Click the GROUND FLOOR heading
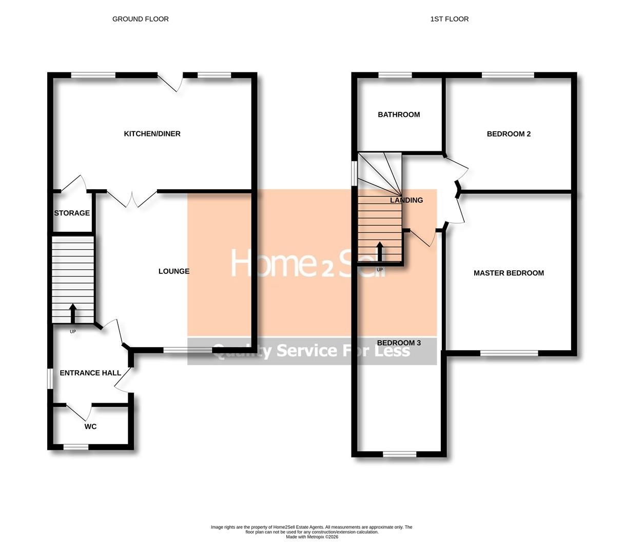pos(140,19)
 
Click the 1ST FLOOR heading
pos(449,19)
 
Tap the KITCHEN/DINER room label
pos(152,134)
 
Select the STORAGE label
pos(72,213)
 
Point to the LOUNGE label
pos(174,271)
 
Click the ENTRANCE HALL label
pos(90,373)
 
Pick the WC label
pos(90,426)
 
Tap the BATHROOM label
pos(399,115)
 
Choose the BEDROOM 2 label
pos(509,134)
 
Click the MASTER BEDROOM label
pos(509,273)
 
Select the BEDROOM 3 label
pos(399,343)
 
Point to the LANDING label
pos(406,200)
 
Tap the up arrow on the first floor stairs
pos(380,252)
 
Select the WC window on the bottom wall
pos(76,447)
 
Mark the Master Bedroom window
pos(509,353)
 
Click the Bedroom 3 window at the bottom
pos(400,454)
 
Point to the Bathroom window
pos(395,75)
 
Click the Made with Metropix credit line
pos(311,537)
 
